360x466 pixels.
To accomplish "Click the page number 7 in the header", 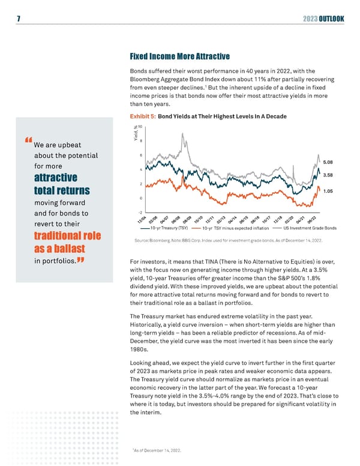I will click(19, 19).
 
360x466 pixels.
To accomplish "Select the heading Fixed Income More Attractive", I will click(179, 57).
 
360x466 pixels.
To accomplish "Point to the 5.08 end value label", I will click(328, 162).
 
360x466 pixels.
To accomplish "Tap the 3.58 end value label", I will click(328, 175).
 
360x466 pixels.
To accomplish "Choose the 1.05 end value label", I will click(328, 191).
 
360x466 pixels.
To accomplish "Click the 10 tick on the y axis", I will click(140, 127).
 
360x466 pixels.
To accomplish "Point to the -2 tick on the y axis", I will click(139, 213).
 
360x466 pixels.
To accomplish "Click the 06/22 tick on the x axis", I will click(314, 220).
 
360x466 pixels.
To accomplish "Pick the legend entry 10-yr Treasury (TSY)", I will click(169, 228).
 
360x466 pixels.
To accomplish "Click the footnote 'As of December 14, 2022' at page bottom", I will click(158, 450).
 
